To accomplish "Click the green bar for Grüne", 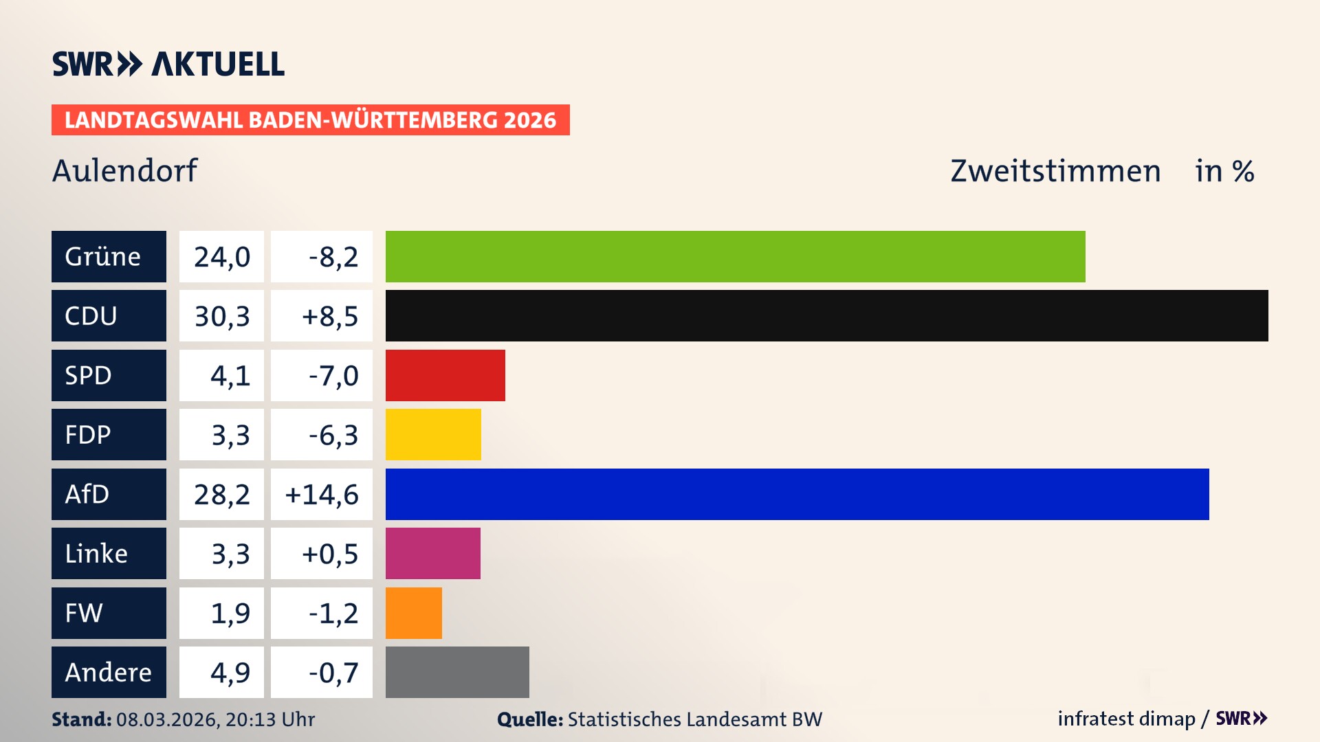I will pos(735,256).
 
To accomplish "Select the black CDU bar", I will pos(826,316).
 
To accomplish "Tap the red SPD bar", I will pos(445,375).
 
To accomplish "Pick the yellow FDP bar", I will pos(433,434).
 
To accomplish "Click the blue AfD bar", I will pos(797,494).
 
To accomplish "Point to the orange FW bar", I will pos(413,613).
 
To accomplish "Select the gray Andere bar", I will pos(457,672).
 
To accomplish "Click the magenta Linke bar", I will pos(432,553).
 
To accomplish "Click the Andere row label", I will pos(109,672).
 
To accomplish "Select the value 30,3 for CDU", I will pos(221,316).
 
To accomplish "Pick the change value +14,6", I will pos(322,494).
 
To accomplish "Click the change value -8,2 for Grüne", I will pos(333,256).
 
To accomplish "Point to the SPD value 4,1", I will pos(230,375).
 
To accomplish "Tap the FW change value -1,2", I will pos(333,613).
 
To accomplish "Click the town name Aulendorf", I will pos(124,170).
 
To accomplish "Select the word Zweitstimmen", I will pos(1055,170).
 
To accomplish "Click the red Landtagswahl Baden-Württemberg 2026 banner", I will pos(310,120).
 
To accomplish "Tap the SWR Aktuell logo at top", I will pos(168,64).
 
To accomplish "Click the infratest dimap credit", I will pos(1125,719).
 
